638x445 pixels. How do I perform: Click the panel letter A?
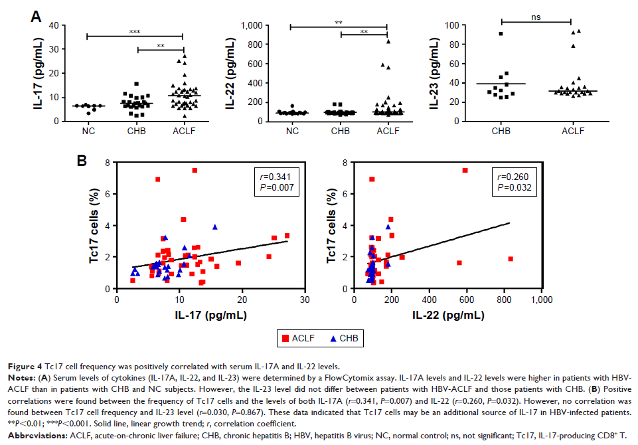[38, 14]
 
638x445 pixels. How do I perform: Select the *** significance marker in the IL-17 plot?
[135, 31]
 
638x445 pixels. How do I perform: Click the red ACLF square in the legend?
[286, 339]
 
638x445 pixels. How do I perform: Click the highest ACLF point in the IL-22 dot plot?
[388, 41]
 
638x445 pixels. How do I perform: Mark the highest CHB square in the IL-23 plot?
[501, 33]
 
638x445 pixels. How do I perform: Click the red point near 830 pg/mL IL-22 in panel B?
[511, 259]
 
